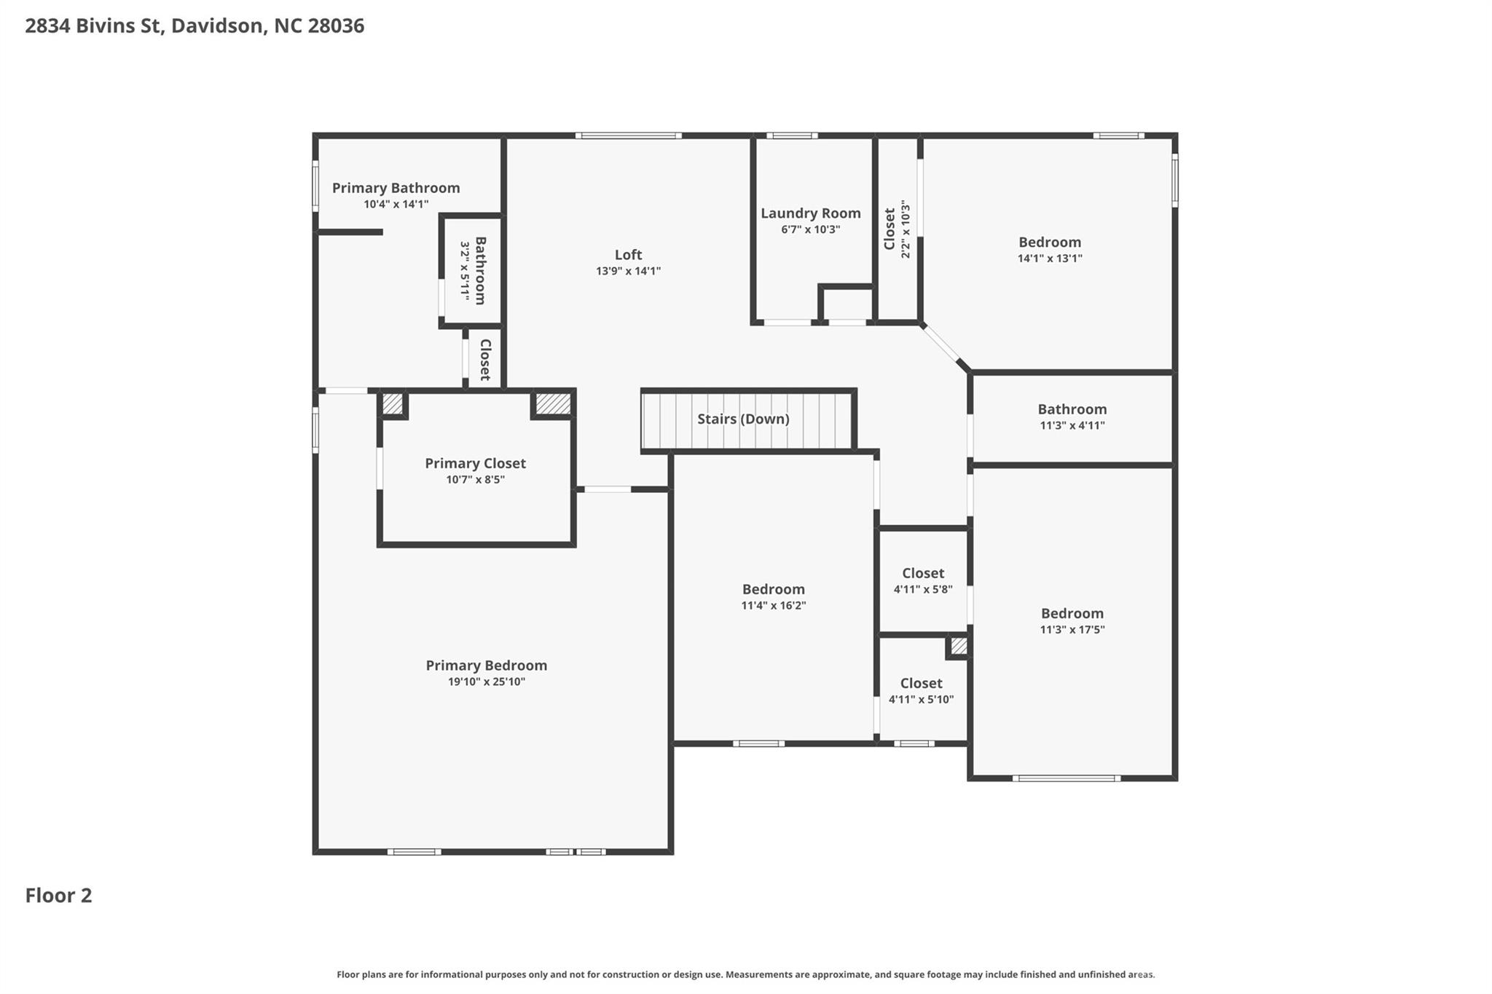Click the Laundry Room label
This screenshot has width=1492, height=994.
810,213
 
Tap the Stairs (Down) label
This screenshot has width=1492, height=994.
743,419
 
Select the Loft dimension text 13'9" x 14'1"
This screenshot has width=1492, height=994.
628,271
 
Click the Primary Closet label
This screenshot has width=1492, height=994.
475,463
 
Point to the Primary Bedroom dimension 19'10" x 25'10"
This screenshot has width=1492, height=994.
486,682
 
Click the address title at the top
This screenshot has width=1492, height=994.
195,26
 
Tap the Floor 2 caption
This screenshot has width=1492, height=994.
58,895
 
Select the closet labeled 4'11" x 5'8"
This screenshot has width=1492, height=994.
923,580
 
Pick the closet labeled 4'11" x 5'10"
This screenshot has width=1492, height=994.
921,690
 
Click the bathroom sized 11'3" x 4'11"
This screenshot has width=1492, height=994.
1072,417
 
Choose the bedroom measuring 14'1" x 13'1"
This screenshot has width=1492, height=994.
1049,249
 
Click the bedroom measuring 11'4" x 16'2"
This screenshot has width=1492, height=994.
773,596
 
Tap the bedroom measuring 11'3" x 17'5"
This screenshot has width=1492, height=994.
1072,620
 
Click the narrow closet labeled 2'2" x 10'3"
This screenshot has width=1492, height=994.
897,229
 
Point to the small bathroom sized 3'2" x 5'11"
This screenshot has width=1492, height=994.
472,270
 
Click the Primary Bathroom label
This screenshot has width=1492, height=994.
396,188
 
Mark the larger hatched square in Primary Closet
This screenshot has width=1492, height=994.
553,404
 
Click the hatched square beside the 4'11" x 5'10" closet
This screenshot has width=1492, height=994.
959,646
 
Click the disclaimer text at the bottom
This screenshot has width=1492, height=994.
745,974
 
